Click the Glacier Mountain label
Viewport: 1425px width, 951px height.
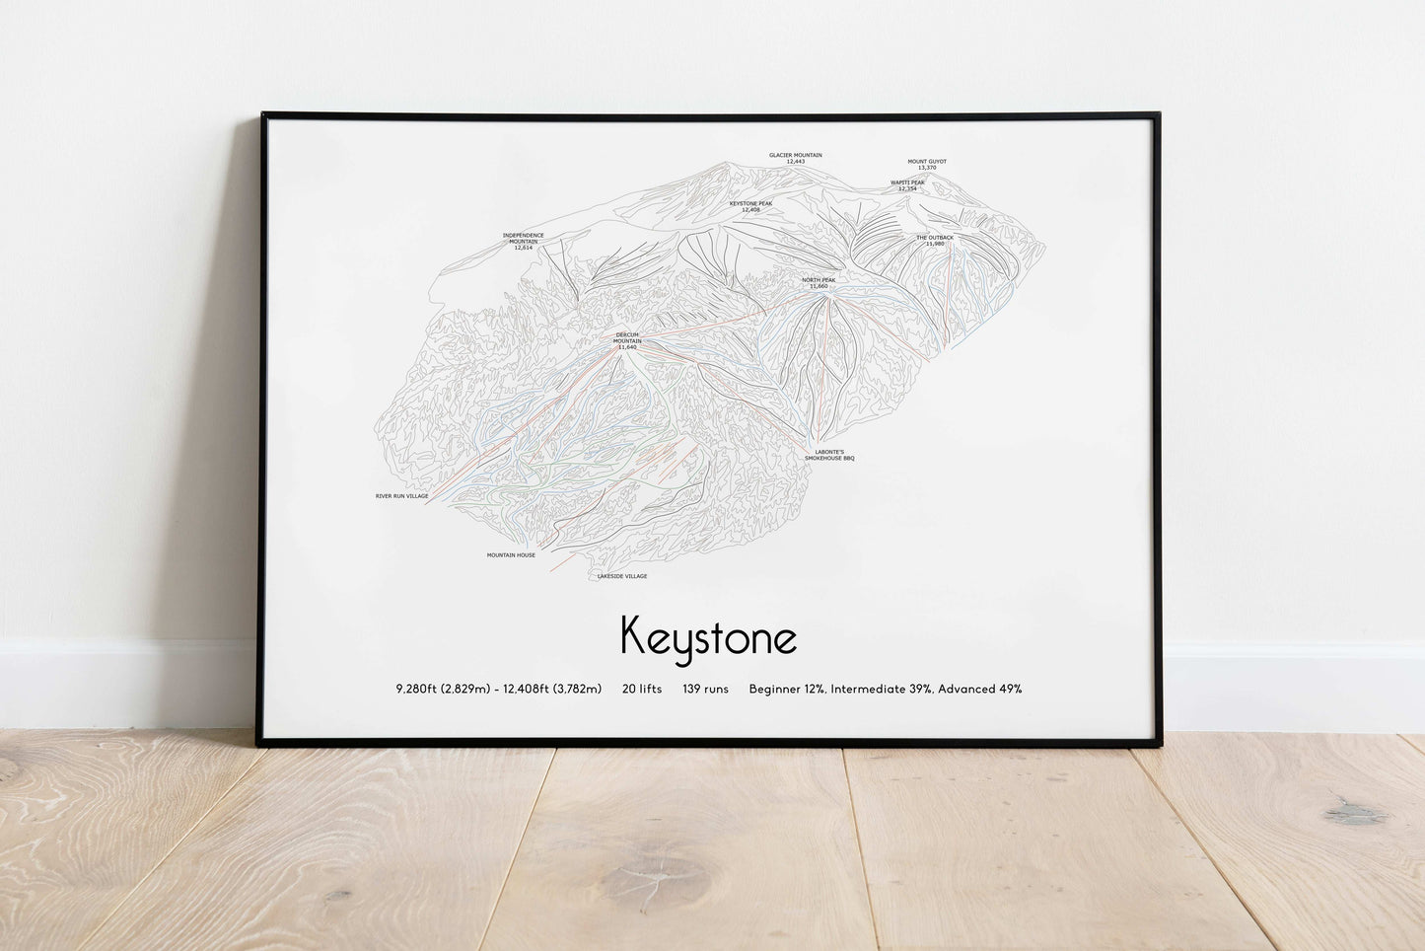point(795,158)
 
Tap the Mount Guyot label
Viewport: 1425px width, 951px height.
point(926,164)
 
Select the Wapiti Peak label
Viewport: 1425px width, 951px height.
point(907,184)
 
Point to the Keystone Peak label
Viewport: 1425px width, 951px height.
point(750,206)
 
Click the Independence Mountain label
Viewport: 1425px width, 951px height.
point(523,241)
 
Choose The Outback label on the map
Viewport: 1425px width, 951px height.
point(934,240)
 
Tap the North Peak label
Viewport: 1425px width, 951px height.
point(819,282)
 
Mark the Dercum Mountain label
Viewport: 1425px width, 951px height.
point(626,340)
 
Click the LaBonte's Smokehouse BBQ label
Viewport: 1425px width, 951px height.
point(828,455)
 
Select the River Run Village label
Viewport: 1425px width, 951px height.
point(401,496)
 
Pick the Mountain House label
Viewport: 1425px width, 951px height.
point(511,555)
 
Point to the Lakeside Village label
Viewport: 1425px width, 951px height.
point(622,576)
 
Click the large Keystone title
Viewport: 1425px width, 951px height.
point(708,637)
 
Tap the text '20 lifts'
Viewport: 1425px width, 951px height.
point(642,689)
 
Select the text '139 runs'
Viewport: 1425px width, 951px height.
point(705,689)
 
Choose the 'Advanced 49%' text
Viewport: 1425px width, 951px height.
point(979,689)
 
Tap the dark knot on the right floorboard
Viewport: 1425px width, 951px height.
point(1353,814)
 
